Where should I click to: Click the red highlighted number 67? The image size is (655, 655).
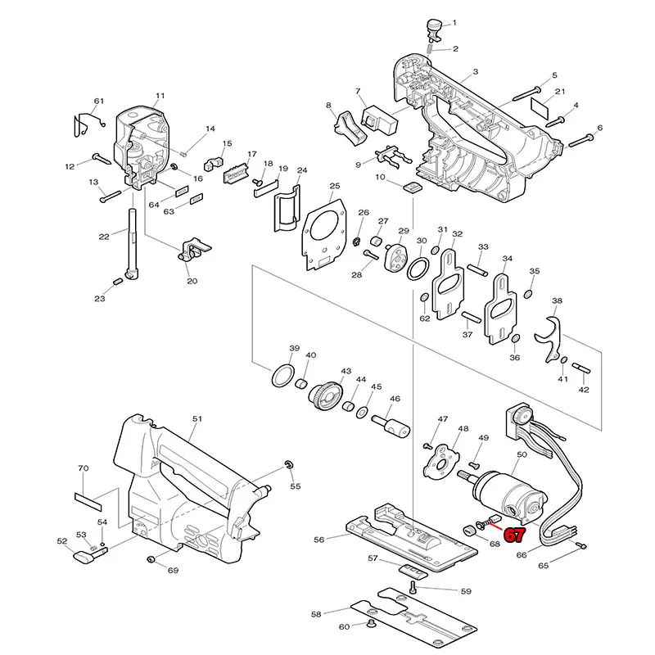514,536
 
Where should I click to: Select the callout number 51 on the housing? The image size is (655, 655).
196,418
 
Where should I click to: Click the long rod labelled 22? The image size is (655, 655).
132,246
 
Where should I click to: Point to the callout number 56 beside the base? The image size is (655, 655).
319,540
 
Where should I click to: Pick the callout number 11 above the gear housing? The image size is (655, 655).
160,96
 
